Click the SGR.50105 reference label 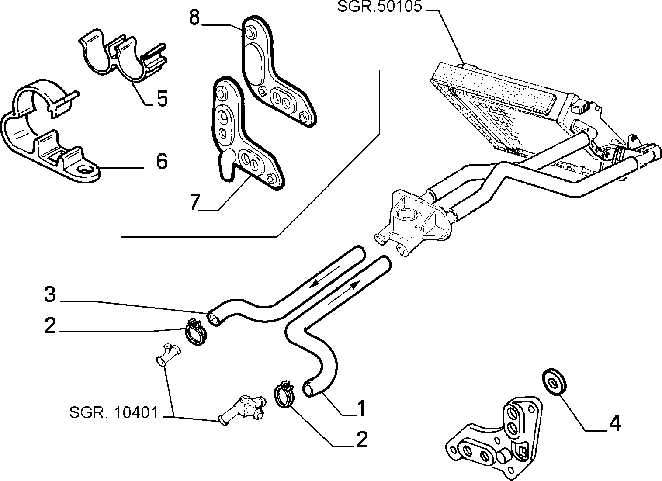(x=379, y=7)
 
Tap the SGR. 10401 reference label (x=114, y=412)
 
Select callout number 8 (x=194, y=17)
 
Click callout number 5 (x=162, y=98)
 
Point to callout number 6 (x=162, y=161)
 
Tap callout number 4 (x=615, y=424)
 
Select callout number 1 (x=361, y=409)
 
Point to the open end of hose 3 (x=214, y=319)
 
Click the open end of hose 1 (x=308, y=389)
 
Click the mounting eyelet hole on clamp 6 (x=85, y=170)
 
